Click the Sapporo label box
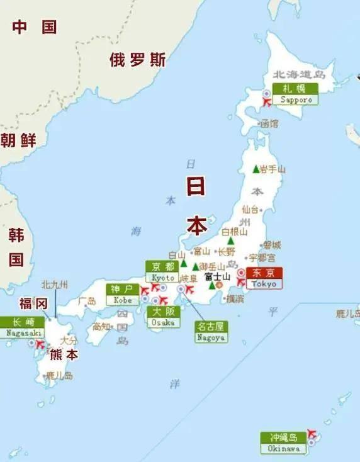tap(295, 94)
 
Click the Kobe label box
tap(122, 294)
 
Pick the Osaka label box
tap(163, 317)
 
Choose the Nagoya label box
tap(211, 332)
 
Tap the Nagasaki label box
tap(22, 327)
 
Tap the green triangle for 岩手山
tap(256, 169)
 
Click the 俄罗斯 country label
tap(138, 60)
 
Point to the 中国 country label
tap(35, 27)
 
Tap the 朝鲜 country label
tap(18, 140)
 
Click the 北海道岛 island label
tap(300, 75)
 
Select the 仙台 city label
tap(250, 209)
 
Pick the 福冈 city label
tap(33, 303)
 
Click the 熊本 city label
tap(64, 354)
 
